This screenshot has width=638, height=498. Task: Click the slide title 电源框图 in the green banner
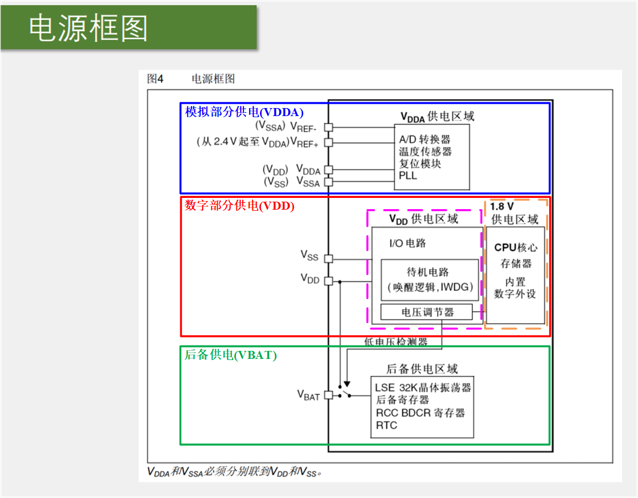(88, 28)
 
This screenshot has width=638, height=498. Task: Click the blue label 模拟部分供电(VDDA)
(244, 112)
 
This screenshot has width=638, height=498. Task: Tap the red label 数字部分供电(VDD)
(240, 205)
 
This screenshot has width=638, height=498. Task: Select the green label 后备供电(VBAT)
(230, 355)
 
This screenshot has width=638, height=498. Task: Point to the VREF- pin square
(329, 127)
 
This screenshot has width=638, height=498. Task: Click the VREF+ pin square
(329, 142)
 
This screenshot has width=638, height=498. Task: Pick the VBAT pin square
(329, 395)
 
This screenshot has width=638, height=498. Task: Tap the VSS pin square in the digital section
(329, 259)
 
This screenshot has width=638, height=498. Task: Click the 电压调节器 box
(427, 312)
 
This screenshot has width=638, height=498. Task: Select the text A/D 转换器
(425, 139)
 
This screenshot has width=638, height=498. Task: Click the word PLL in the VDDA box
(408, 175)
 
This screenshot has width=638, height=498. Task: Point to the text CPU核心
(516, 248)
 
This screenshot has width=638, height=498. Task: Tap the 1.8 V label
(502, 206)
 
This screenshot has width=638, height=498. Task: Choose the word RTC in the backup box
(386, 426)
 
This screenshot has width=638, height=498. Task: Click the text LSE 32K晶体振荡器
(422, 387)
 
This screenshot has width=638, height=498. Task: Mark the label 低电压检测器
(396, 342)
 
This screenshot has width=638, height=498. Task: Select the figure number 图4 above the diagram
(156, 79)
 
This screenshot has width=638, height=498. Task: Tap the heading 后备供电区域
(422, 369)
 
